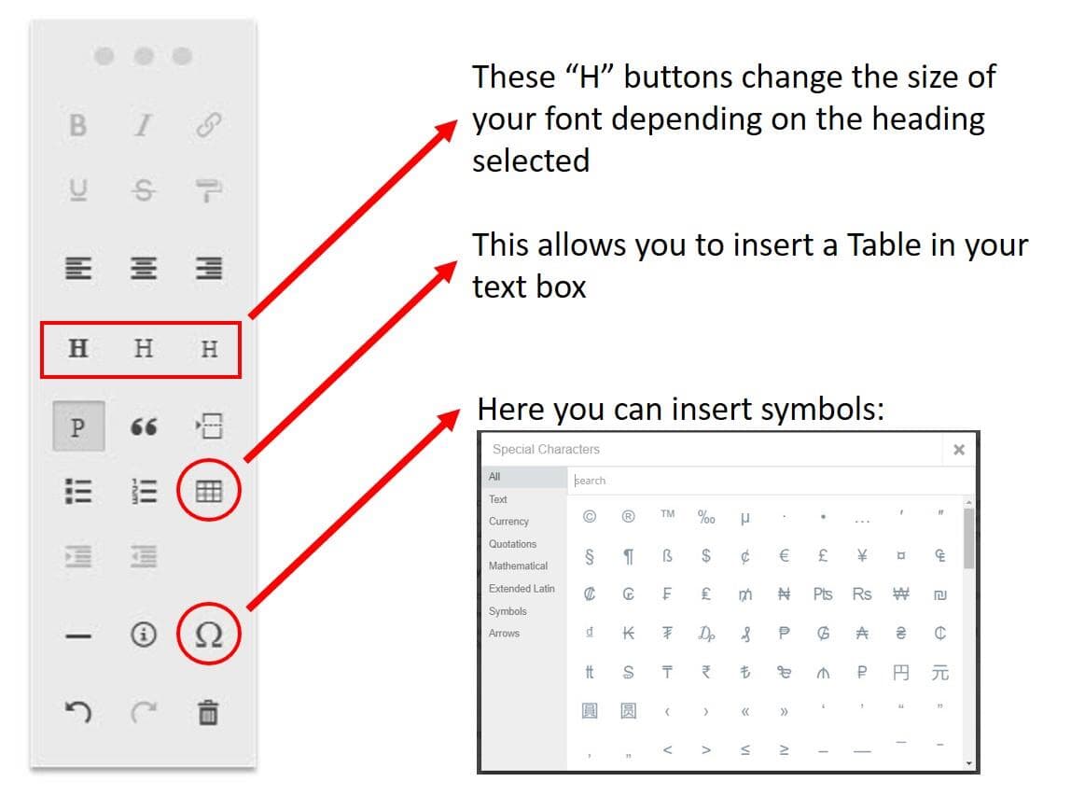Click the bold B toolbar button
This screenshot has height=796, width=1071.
tap(77, 125)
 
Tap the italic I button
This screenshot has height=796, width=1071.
tap(143, 125)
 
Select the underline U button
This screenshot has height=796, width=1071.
tap(78, 190)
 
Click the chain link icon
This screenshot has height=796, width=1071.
tap(208, 125)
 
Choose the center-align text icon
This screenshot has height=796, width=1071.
tap(144, 268)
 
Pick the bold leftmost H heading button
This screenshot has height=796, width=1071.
tap(77, 348)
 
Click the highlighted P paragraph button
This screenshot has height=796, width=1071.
tap(78, 426)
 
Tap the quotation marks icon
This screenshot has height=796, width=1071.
tap(144, 427)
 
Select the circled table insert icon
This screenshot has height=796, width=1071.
tap(209, 491)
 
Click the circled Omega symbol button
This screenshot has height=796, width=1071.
tap(209, 635)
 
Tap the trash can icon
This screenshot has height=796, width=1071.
tap(208, 712)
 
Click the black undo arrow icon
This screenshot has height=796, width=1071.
tap(77, 712)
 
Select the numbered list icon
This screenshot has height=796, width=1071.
tap(144, 491)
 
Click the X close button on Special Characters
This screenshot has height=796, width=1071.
tap(959, 450)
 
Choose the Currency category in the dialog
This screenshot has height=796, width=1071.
tap(508, 522)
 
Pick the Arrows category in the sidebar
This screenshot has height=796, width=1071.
tap(504, 634)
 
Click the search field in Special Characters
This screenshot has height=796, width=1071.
tap(771, 481)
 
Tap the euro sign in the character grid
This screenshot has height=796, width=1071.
tap(784, 555)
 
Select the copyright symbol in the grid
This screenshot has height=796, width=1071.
tap(590, 517)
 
